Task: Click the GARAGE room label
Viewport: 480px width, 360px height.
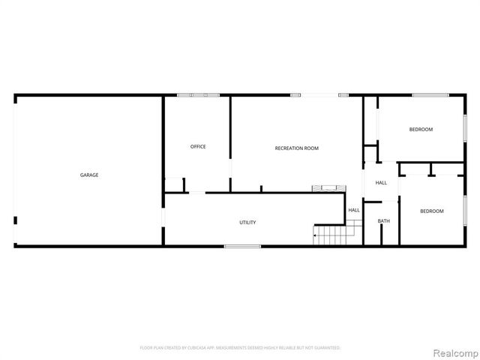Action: (89, 175)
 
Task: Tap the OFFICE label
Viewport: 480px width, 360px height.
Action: (198, 146)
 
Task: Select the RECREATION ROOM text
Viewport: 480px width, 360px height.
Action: (297, 148)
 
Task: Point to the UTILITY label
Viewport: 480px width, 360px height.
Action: (247, 222)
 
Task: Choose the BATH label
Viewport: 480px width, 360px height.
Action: (384, 220)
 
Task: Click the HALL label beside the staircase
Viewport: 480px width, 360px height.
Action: (354, 210)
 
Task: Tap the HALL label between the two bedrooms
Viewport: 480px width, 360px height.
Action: (381, 183)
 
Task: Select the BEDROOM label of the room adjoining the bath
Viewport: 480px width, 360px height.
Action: (432, 211)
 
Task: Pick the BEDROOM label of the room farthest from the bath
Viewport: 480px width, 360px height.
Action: (421, 130)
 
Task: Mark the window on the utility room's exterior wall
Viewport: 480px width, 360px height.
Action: (243, 246)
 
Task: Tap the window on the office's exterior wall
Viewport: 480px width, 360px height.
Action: (198, 94)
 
